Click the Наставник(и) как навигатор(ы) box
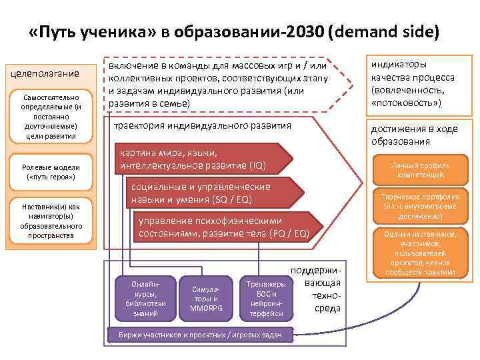click(51, 221)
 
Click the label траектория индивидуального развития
click(203, 125)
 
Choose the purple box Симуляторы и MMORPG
click(205, 299)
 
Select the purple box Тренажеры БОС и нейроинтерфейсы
click(267, 299)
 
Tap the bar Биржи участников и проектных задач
click(199, 335)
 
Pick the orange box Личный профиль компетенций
click(419, 170)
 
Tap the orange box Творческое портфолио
click(420, 207)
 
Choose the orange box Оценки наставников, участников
click(420, 253)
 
